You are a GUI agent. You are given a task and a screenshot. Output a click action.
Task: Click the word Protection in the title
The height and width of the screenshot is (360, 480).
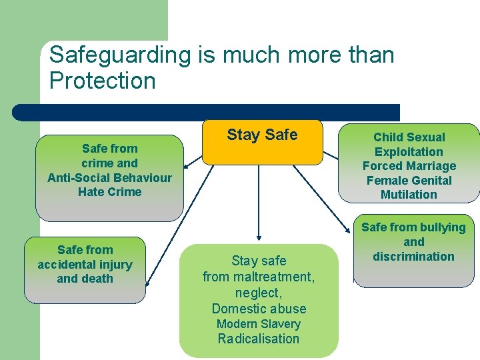coord(102,81)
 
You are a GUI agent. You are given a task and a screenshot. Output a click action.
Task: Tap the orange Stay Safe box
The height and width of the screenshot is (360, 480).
coord(262,141)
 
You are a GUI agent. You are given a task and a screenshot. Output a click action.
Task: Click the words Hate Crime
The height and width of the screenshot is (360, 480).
coord(109,192)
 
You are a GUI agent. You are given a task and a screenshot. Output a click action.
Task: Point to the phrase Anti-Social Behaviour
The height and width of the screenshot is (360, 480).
coord(109,178)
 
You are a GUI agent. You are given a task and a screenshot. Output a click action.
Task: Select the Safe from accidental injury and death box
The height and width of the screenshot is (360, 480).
coord(85,269)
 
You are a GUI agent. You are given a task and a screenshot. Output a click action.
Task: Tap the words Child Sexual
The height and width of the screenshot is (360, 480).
coord(409,137)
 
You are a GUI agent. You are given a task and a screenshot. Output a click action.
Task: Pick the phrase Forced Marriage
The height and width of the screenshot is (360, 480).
coord(409,166)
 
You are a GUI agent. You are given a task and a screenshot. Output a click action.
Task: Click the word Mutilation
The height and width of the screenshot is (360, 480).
coord(409,195)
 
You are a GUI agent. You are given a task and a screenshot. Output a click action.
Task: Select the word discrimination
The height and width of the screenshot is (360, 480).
coord(413,257)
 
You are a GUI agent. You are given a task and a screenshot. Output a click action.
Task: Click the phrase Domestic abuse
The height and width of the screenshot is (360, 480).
coord(259,309)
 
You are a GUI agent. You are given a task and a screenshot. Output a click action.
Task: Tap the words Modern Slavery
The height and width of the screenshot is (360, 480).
coord(259,324)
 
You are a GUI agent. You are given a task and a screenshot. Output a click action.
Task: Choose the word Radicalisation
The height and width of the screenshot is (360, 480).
coord(259,339)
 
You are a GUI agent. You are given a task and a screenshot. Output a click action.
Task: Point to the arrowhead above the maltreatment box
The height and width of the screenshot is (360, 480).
coord(259,237)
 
